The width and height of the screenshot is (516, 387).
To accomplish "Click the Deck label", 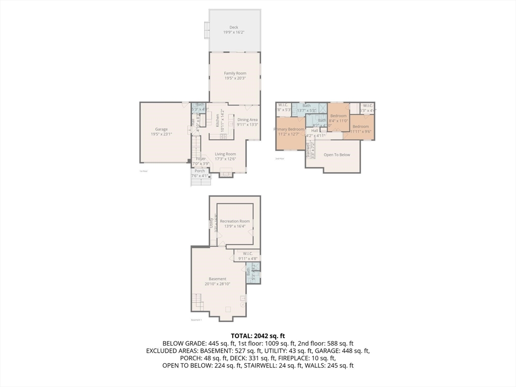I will tap(234, 28).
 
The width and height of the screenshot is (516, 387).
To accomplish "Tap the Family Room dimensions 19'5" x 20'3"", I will tap(235, 79).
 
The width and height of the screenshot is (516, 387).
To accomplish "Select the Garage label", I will tap(161, 130).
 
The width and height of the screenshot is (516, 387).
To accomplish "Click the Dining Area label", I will tap(247, 120).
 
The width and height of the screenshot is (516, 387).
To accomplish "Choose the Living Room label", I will tap(225, 154).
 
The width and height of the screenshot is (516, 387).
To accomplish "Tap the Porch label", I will tap(200, 171).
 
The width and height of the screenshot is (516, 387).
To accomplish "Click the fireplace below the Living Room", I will tap(227, 173).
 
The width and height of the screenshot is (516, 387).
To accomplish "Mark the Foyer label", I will tap(201, 159).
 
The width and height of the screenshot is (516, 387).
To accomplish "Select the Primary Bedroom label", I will tap(289, 130).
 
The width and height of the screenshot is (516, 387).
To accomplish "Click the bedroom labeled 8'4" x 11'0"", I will tap(338, 116).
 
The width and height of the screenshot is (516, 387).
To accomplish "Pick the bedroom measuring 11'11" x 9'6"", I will tap(360, 126).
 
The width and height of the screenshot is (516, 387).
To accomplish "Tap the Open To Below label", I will tap(337, 155).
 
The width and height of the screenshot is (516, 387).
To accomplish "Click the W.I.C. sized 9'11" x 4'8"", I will tap(247, 253).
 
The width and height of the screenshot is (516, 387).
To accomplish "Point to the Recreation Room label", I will tap(235, 221).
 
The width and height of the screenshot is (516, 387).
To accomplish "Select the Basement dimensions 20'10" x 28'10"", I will tap(218, 284).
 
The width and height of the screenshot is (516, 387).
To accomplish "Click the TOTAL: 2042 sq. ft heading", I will tap(258, 336).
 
